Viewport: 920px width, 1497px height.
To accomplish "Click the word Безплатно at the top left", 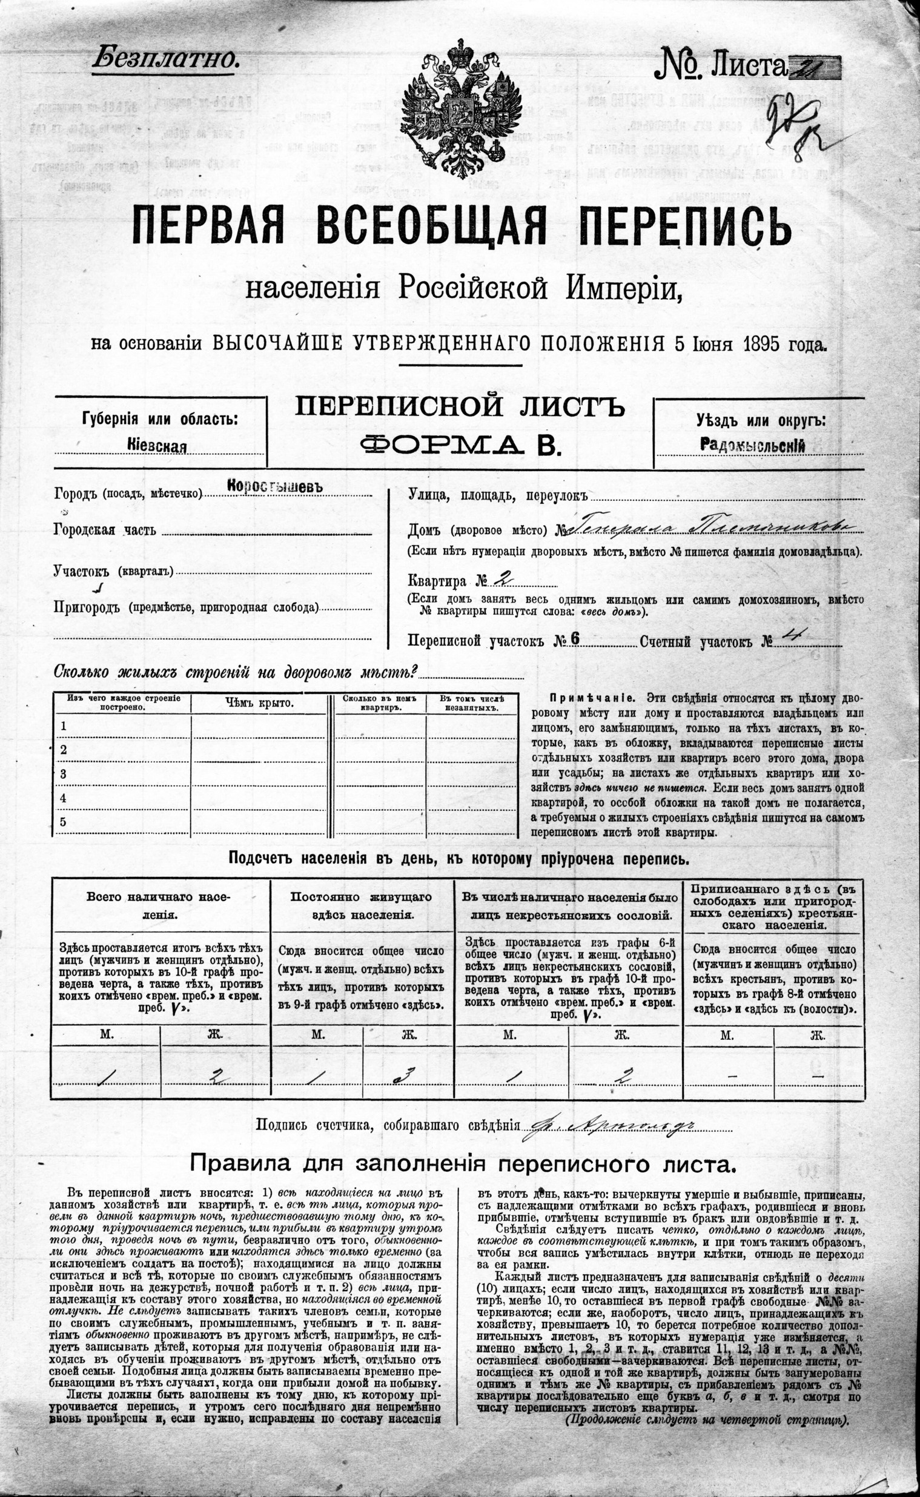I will click(x=164, y=58).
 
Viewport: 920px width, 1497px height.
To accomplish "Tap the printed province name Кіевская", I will click(x=157, y=446).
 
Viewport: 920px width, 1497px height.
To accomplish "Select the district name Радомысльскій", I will click(x=753, y=445).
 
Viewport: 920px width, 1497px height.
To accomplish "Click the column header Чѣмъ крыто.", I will click(x=259, y=704).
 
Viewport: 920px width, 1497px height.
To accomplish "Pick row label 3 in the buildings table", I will click(x=63, y=775).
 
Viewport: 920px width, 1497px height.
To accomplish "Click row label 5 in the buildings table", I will click(x=63, y=822).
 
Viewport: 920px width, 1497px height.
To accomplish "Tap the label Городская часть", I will click(x=105, y=530).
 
